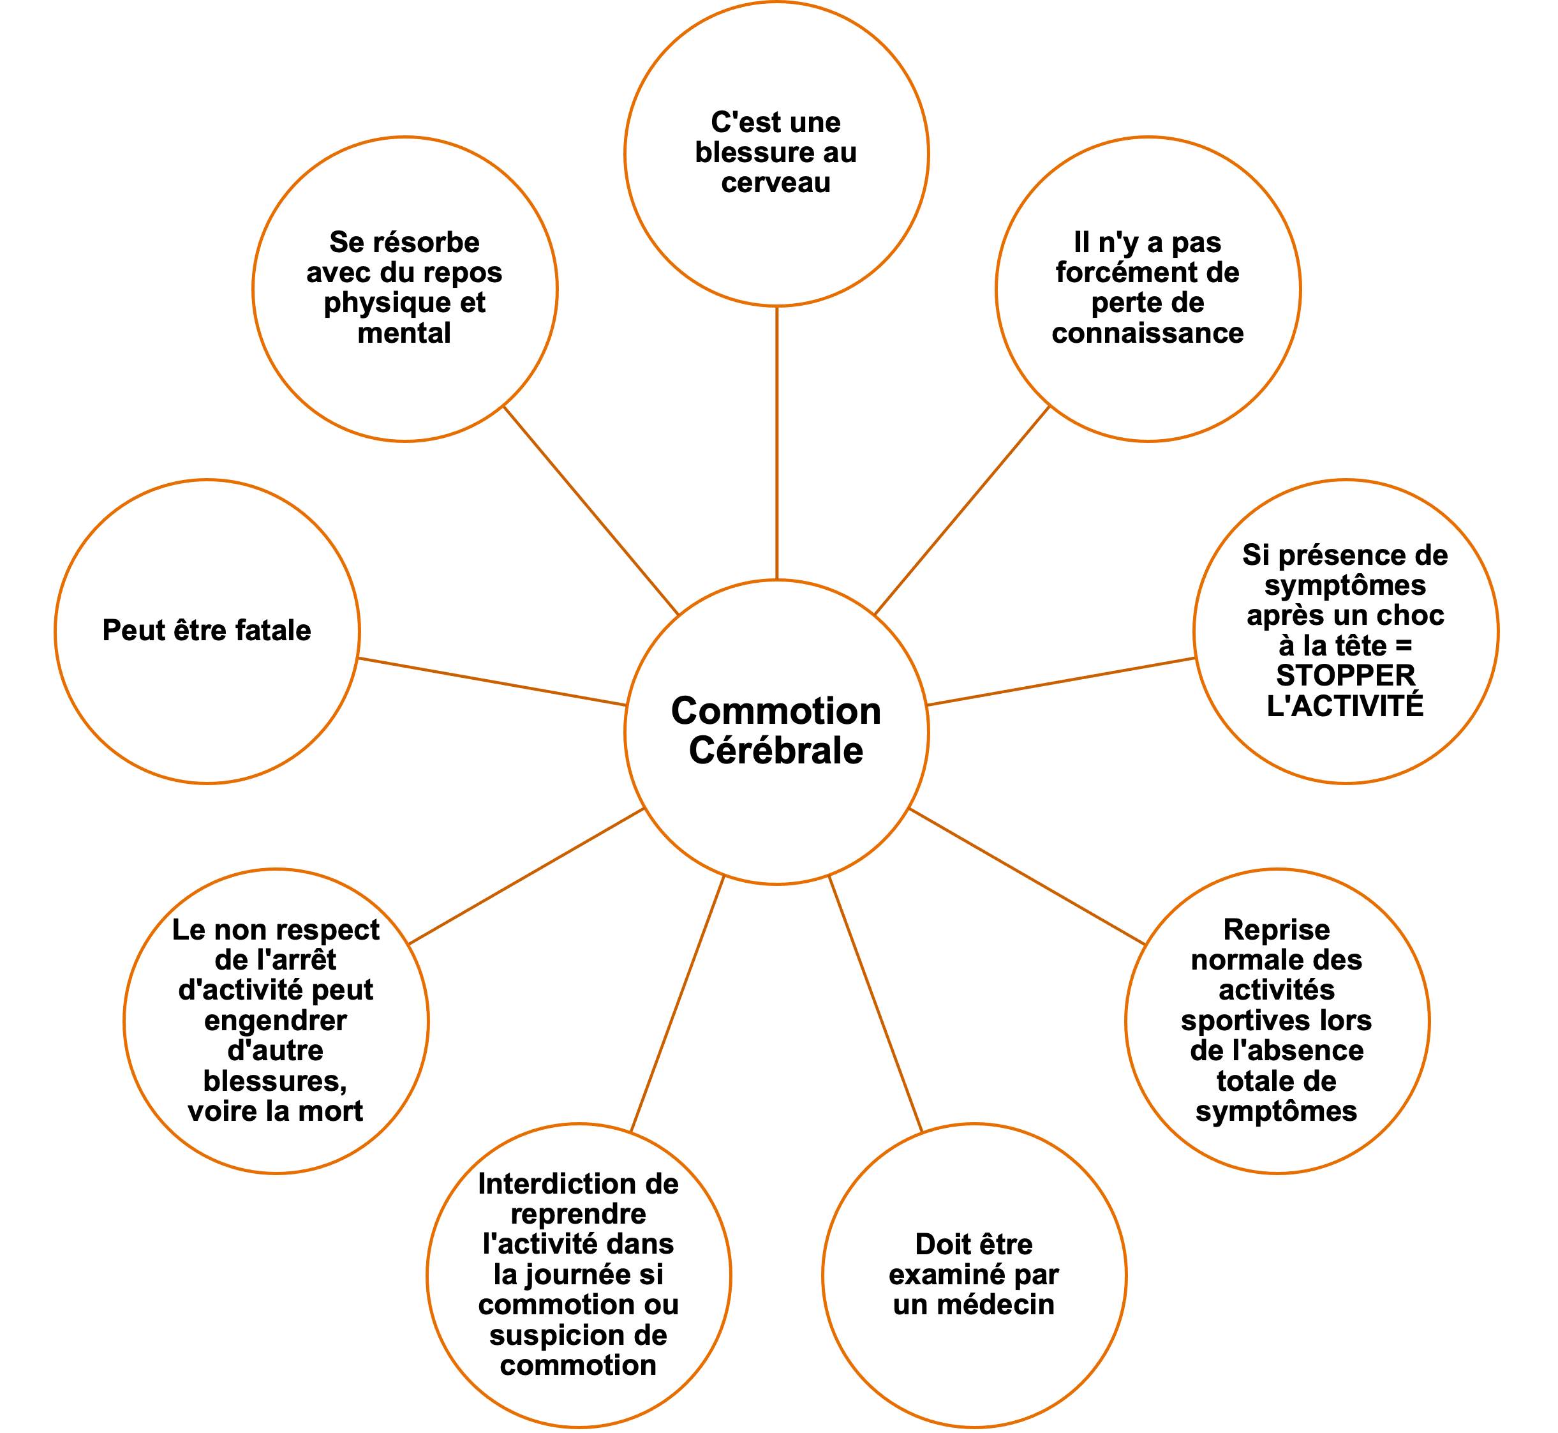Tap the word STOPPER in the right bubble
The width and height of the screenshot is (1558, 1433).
pyautogui.click(x=1346, y=675)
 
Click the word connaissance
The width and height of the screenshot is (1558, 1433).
pyautogui.click(x=1147, y=333)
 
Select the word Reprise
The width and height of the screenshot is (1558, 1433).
pyautogui.click(x=1276, y=929)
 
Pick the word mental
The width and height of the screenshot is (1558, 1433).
pyautogui.click(x=404, y=333)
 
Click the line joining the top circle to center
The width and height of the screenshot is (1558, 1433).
pyautogui.click(x=776, y=442)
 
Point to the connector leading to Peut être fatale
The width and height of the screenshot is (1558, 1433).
pyautogui.click(x=492, y=682)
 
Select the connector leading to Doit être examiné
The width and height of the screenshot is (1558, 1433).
pyautogui.click(x=876, y=1003)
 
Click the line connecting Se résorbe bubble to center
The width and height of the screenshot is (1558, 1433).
pyautogui.click(x=591, y=510)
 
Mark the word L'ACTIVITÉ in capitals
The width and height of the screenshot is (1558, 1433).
pyautogui.click(x=1346, y=705)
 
